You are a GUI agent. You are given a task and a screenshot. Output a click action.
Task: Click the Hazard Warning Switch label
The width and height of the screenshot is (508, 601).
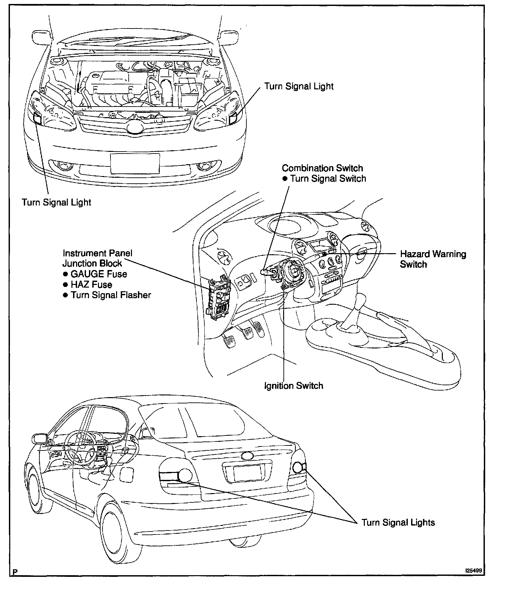tap(433, 259)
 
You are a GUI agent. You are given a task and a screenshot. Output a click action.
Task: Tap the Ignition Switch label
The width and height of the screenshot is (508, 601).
tap(294, 386)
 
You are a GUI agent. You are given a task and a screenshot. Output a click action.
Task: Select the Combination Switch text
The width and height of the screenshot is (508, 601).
tap(322, 168)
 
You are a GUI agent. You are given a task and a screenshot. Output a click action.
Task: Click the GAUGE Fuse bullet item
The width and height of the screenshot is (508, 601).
tap(99, 274)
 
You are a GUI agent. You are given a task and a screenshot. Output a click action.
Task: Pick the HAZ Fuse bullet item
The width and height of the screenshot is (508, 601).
tap(91, 285)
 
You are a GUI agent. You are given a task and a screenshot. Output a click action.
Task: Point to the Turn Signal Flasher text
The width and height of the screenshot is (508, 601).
tap(111, 295)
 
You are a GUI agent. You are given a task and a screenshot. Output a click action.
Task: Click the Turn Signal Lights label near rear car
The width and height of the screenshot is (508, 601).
tap(398, 523)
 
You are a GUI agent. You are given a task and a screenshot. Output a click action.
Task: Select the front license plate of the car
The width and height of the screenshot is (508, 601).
tap(135, 163)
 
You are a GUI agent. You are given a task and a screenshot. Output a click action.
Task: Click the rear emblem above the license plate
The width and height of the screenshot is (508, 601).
tap(247, 456)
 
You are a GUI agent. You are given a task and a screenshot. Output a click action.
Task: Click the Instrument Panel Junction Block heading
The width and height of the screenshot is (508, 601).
tap(97, 258)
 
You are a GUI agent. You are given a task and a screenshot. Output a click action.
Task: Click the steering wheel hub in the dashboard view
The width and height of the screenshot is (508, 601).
tap(293, 271)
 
